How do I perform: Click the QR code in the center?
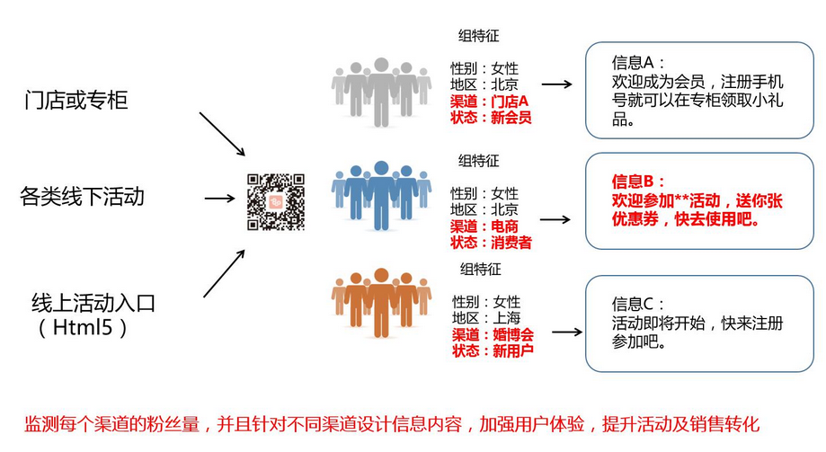pos(276,201)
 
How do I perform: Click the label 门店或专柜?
pos(76,99)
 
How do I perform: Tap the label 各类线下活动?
pos(82,196)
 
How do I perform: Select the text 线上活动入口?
pos(93,304)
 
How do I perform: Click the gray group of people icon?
pos(381,91)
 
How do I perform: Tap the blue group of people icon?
pos(381,193)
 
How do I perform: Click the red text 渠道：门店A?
pos(490,102)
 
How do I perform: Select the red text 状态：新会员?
pos(491,118)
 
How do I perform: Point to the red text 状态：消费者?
pos(491,243)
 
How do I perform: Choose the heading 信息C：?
pos(636,304)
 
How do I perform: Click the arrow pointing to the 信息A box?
pos(556,84)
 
